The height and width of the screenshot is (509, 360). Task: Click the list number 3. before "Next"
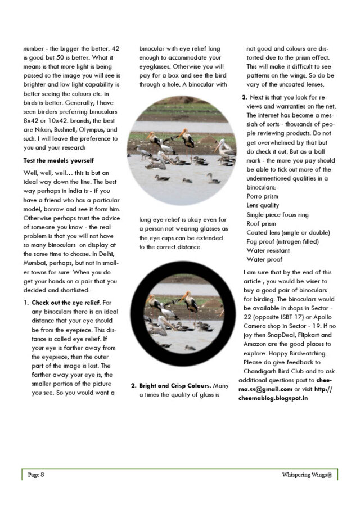[245, 97]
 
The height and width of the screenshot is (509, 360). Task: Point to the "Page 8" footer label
[36, 475]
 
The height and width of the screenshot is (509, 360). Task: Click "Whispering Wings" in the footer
[307, 475]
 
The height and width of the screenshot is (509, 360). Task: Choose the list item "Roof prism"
[262, 223]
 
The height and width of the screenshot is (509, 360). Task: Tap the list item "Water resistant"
[269, 250]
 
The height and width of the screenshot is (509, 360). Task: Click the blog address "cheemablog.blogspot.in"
[271, 398]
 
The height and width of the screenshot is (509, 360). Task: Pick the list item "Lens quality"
[264, 205]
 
